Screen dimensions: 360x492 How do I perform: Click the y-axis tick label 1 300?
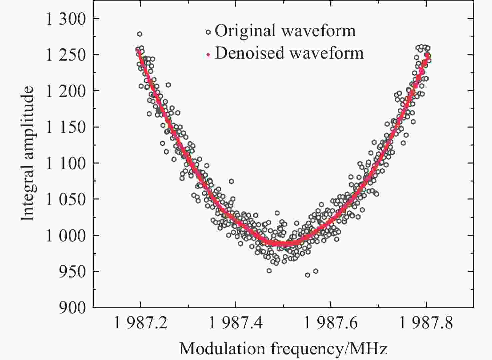pyautogui.click(x=66, y=19)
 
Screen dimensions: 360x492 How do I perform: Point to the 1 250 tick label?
pyautogui.click(x=66, y=55)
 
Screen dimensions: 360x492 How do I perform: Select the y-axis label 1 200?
pyautogui.click(x=66, y=91)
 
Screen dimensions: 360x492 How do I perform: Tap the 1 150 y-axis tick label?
pyautogui.click(x=66, y=127)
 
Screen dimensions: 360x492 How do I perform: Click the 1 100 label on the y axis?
pyautogui.click(x=66, y=163)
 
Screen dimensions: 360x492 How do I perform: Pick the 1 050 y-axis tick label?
pyautogui.click(x=66, y=199)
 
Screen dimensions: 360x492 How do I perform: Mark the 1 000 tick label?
pyautogui.click(x=66, y=235)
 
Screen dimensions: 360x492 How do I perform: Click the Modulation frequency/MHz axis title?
pyautogui.click(x=283, y=348)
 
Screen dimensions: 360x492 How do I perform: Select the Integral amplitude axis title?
pyautogui.click(x=28, y=153)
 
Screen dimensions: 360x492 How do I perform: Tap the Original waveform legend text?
pyautogui.click(x=285, y=31)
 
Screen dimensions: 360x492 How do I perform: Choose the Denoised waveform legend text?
pyautogui.click(x=289, y=53)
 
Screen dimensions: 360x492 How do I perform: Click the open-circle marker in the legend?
pyautogui.click(x=208, y=32)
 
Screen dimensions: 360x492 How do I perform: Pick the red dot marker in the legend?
pyautogui.click(x=208, y=54)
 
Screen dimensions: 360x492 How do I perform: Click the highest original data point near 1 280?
pyautogui.click(x=140, y=34)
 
